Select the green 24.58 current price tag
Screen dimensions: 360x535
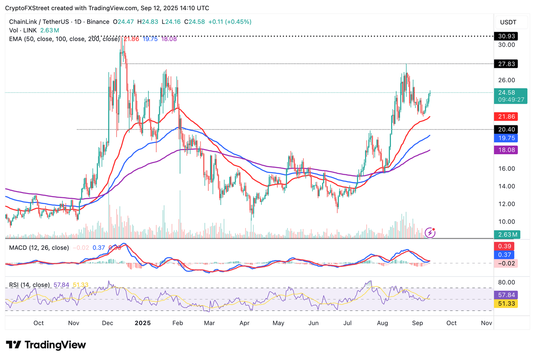point(510,96)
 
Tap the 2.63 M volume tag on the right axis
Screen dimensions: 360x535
point(507,235)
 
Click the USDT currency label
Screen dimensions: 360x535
point(508,22)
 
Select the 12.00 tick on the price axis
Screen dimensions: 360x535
point(506,204)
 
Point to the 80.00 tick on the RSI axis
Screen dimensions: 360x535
point(506,282)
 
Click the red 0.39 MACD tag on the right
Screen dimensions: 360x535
point(505,246)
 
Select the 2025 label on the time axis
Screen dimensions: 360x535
point(143,323)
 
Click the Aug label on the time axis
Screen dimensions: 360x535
point(382,323)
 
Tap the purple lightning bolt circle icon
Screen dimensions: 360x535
point(430,233)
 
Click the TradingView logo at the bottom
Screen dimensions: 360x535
point(46,345)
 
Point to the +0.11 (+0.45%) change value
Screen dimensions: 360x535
point(230,22)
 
